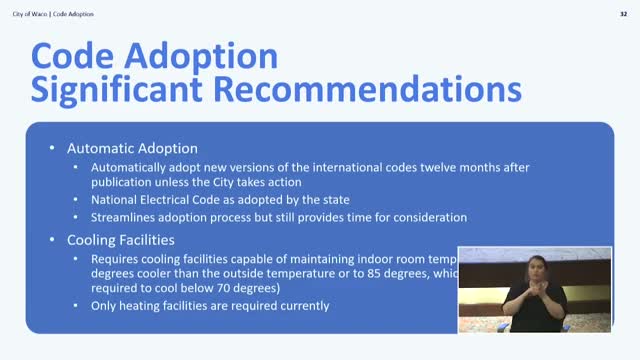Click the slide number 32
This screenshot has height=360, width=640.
[x=624, y=13]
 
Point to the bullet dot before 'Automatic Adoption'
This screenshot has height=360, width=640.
[x=53, y=147]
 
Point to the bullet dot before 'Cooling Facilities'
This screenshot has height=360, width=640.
[x=53, y=240]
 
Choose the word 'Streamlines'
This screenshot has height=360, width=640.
[x=123, y=217]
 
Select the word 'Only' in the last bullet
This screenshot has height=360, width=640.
[x=104, y=306]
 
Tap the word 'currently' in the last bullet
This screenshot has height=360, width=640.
[x=301, y=306]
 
